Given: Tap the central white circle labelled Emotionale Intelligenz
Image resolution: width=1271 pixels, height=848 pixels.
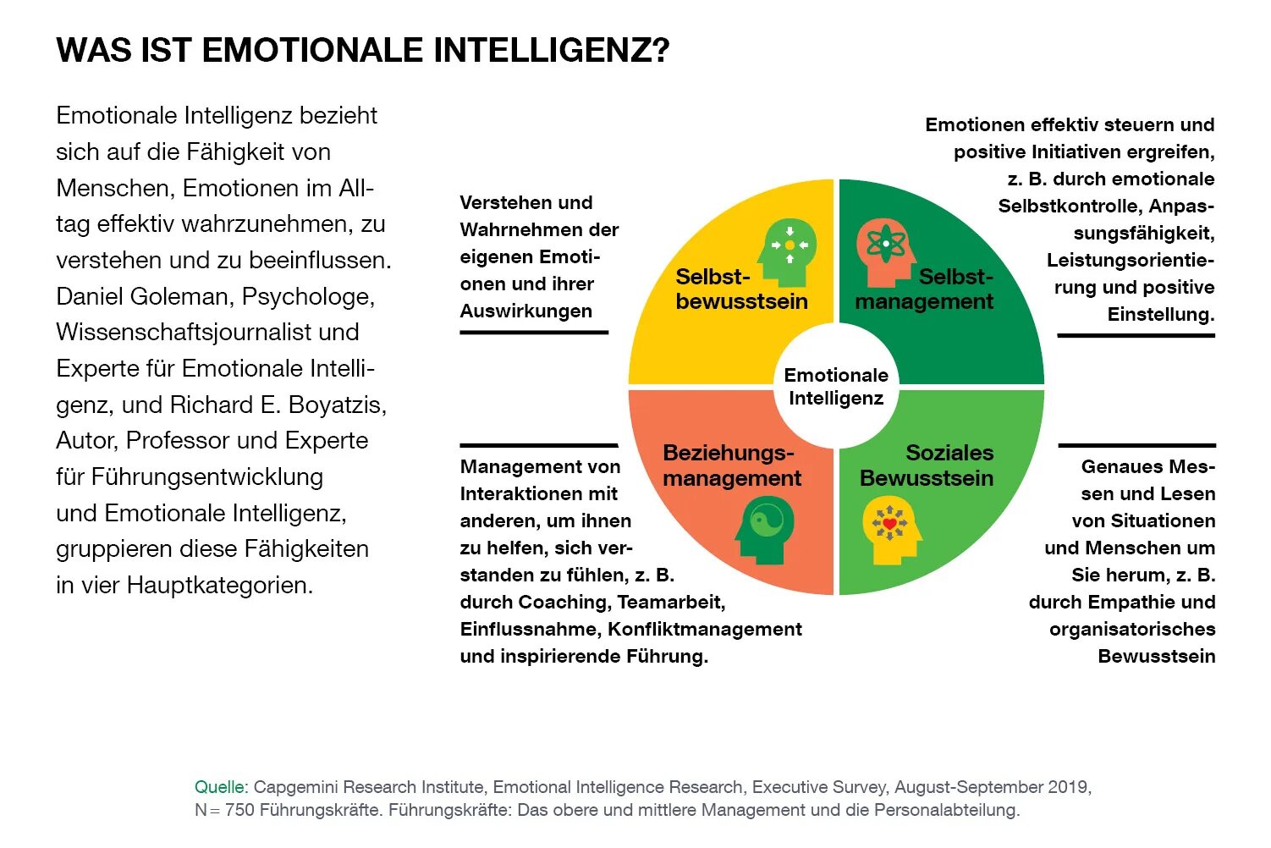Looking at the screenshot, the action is click(x=836, y=387).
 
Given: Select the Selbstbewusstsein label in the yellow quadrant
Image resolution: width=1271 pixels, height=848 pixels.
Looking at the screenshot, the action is click(x=741, y=289).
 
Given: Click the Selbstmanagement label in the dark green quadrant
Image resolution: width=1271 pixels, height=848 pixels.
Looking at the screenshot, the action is click(x=924, y=289).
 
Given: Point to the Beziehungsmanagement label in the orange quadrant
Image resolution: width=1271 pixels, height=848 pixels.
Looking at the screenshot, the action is click(x=731, y=465).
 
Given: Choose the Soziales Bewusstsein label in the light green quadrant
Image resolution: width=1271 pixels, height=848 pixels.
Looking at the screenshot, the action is click(x=927, y=465).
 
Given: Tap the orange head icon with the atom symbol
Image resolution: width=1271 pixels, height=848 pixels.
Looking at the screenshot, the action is click(x=884, y=251).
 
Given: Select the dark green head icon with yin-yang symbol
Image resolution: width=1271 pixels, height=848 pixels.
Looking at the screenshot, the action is click(x=765, y=529).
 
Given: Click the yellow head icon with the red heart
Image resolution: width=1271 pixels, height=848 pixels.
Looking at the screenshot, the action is click(x=890, y=529).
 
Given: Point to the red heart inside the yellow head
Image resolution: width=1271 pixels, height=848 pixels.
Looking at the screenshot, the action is click(x=889, y=524).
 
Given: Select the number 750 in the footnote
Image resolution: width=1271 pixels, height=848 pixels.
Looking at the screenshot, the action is click(x=239, y=810).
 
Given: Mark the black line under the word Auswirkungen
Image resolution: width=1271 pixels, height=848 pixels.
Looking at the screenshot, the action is click(x=534, y=333).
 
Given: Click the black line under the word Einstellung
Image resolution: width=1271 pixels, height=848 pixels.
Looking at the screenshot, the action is click(x=1136, y=336).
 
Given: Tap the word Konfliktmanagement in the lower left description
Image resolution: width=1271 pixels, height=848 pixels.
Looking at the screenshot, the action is click(x=705, y=629).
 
